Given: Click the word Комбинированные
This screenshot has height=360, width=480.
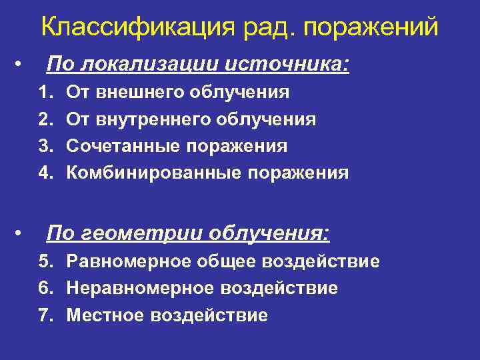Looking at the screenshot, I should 155,173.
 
